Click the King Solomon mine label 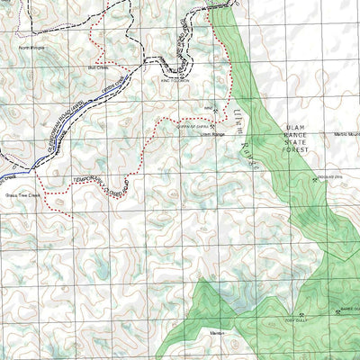174,77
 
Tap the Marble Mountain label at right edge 346,135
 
